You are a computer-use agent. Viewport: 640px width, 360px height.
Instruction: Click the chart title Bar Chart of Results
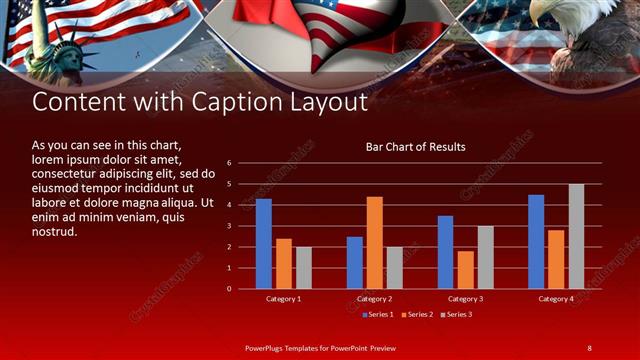[x=415, y=147]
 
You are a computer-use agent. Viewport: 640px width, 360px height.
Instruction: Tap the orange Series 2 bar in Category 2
[x=374, y=242]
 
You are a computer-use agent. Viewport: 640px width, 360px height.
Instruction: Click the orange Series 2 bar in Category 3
[x=465, y=269]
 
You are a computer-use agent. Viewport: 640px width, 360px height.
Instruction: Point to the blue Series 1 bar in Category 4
[x=536, y=241]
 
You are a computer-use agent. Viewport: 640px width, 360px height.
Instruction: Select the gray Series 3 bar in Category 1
[x=303, y=267]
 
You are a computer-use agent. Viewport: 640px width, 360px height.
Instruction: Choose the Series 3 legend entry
[x=456, y=315]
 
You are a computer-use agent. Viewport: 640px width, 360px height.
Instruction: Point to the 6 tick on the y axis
[x=229, y=163]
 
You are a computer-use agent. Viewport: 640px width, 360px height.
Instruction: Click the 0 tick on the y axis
[x=229, y=289]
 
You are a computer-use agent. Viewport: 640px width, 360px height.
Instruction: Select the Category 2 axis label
[x=374, y=299]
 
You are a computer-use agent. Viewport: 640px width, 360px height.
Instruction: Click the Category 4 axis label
[x=556, y=299]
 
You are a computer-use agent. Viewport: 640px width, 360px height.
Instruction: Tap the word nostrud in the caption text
[x=55, y=231]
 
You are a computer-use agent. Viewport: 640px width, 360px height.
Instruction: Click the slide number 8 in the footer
[x=589, y=347]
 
